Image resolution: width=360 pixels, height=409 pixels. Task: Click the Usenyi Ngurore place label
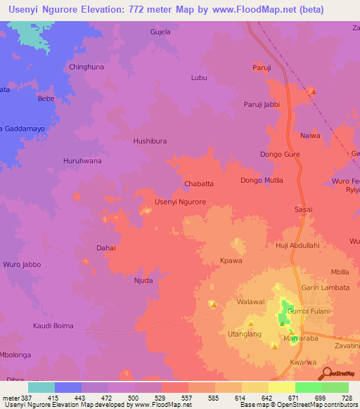tap(180, 202)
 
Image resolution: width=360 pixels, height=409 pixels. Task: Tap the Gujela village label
tap(160, 32)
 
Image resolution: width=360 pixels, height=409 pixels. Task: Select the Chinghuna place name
tap(86, 67)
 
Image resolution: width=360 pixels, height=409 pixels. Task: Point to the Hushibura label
tap(150, 141)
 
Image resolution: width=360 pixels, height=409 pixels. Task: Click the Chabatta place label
tap(198, 183)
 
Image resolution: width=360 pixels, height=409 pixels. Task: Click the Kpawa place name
tap(231, 260)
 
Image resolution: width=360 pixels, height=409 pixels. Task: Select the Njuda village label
tap(143, 280)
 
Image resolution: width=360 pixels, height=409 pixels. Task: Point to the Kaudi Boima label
tap(53, 325)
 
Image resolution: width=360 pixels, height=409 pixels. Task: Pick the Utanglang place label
tap(243, 334)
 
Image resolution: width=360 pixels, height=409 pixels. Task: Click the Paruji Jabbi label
tap(262, 105)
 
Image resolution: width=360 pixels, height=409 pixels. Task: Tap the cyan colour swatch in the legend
tap(41, 387)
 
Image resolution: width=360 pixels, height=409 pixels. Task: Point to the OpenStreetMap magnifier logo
tap(326, 374)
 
